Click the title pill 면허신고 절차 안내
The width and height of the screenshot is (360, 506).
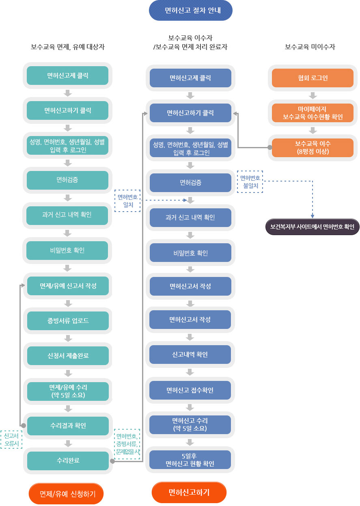pos(191,11)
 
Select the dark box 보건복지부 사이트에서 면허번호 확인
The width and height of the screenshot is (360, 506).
pos(312,227)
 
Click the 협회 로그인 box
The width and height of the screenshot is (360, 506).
pos(312,78)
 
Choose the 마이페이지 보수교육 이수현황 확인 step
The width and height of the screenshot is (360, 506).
pos(312,113)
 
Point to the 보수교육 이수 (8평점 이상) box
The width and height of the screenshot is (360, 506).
pos(312,148)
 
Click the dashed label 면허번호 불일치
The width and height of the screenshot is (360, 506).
pos(250,182)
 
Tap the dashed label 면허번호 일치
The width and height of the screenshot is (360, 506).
pos(127,201)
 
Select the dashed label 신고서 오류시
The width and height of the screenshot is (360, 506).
pos(11,439)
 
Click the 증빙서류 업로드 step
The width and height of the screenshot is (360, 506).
pos(68,321)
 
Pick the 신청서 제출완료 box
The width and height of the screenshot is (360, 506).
pos(68,356)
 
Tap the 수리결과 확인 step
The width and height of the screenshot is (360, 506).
pos(68,426)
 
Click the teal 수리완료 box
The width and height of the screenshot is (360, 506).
pos(68,461)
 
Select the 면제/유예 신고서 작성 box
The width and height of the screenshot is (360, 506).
pos(68,285)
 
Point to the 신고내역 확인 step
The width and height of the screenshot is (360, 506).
pos(190,355)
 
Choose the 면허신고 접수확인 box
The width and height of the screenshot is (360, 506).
pos(190,390)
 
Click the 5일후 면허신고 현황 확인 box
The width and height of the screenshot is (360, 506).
pos(190,460)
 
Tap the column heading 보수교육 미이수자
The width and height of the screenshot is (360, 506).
pos(310,47)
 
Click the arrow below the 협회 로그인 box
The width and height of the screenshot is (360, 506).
pos(313,95)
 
